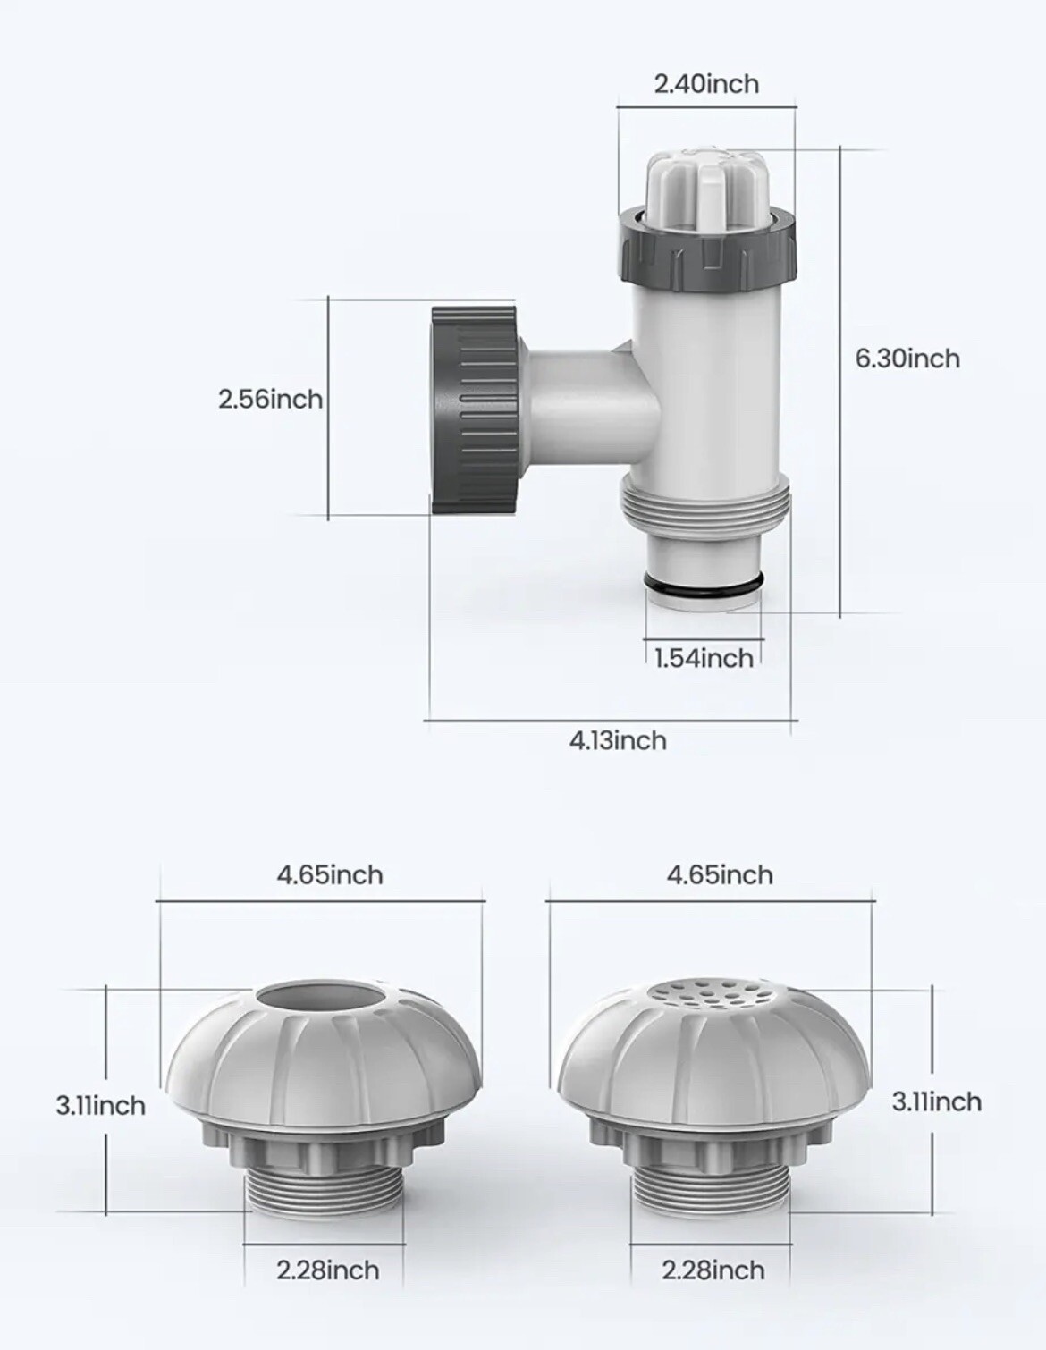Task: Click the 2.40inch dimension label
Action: coord(706,84)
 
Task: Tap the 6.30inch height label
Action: coord(907,359)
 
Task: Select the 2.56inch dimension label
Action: coord(270,399)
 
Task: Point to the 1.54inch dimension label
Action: coord(704,659)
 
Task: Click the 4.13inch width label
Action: coord(618,740)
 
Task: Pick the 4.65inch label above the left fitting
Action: coord(329,874)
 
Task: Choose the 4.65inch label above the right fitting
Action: coord(720,874)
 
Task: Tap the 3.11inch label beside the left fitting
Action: coord(100,1106)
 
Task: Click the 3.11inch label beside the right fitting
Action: coord(936,1101)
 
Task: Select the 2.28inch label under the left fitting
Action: coord(327,1270)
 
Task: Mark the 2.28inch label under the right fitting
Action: coord(713,1270)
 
